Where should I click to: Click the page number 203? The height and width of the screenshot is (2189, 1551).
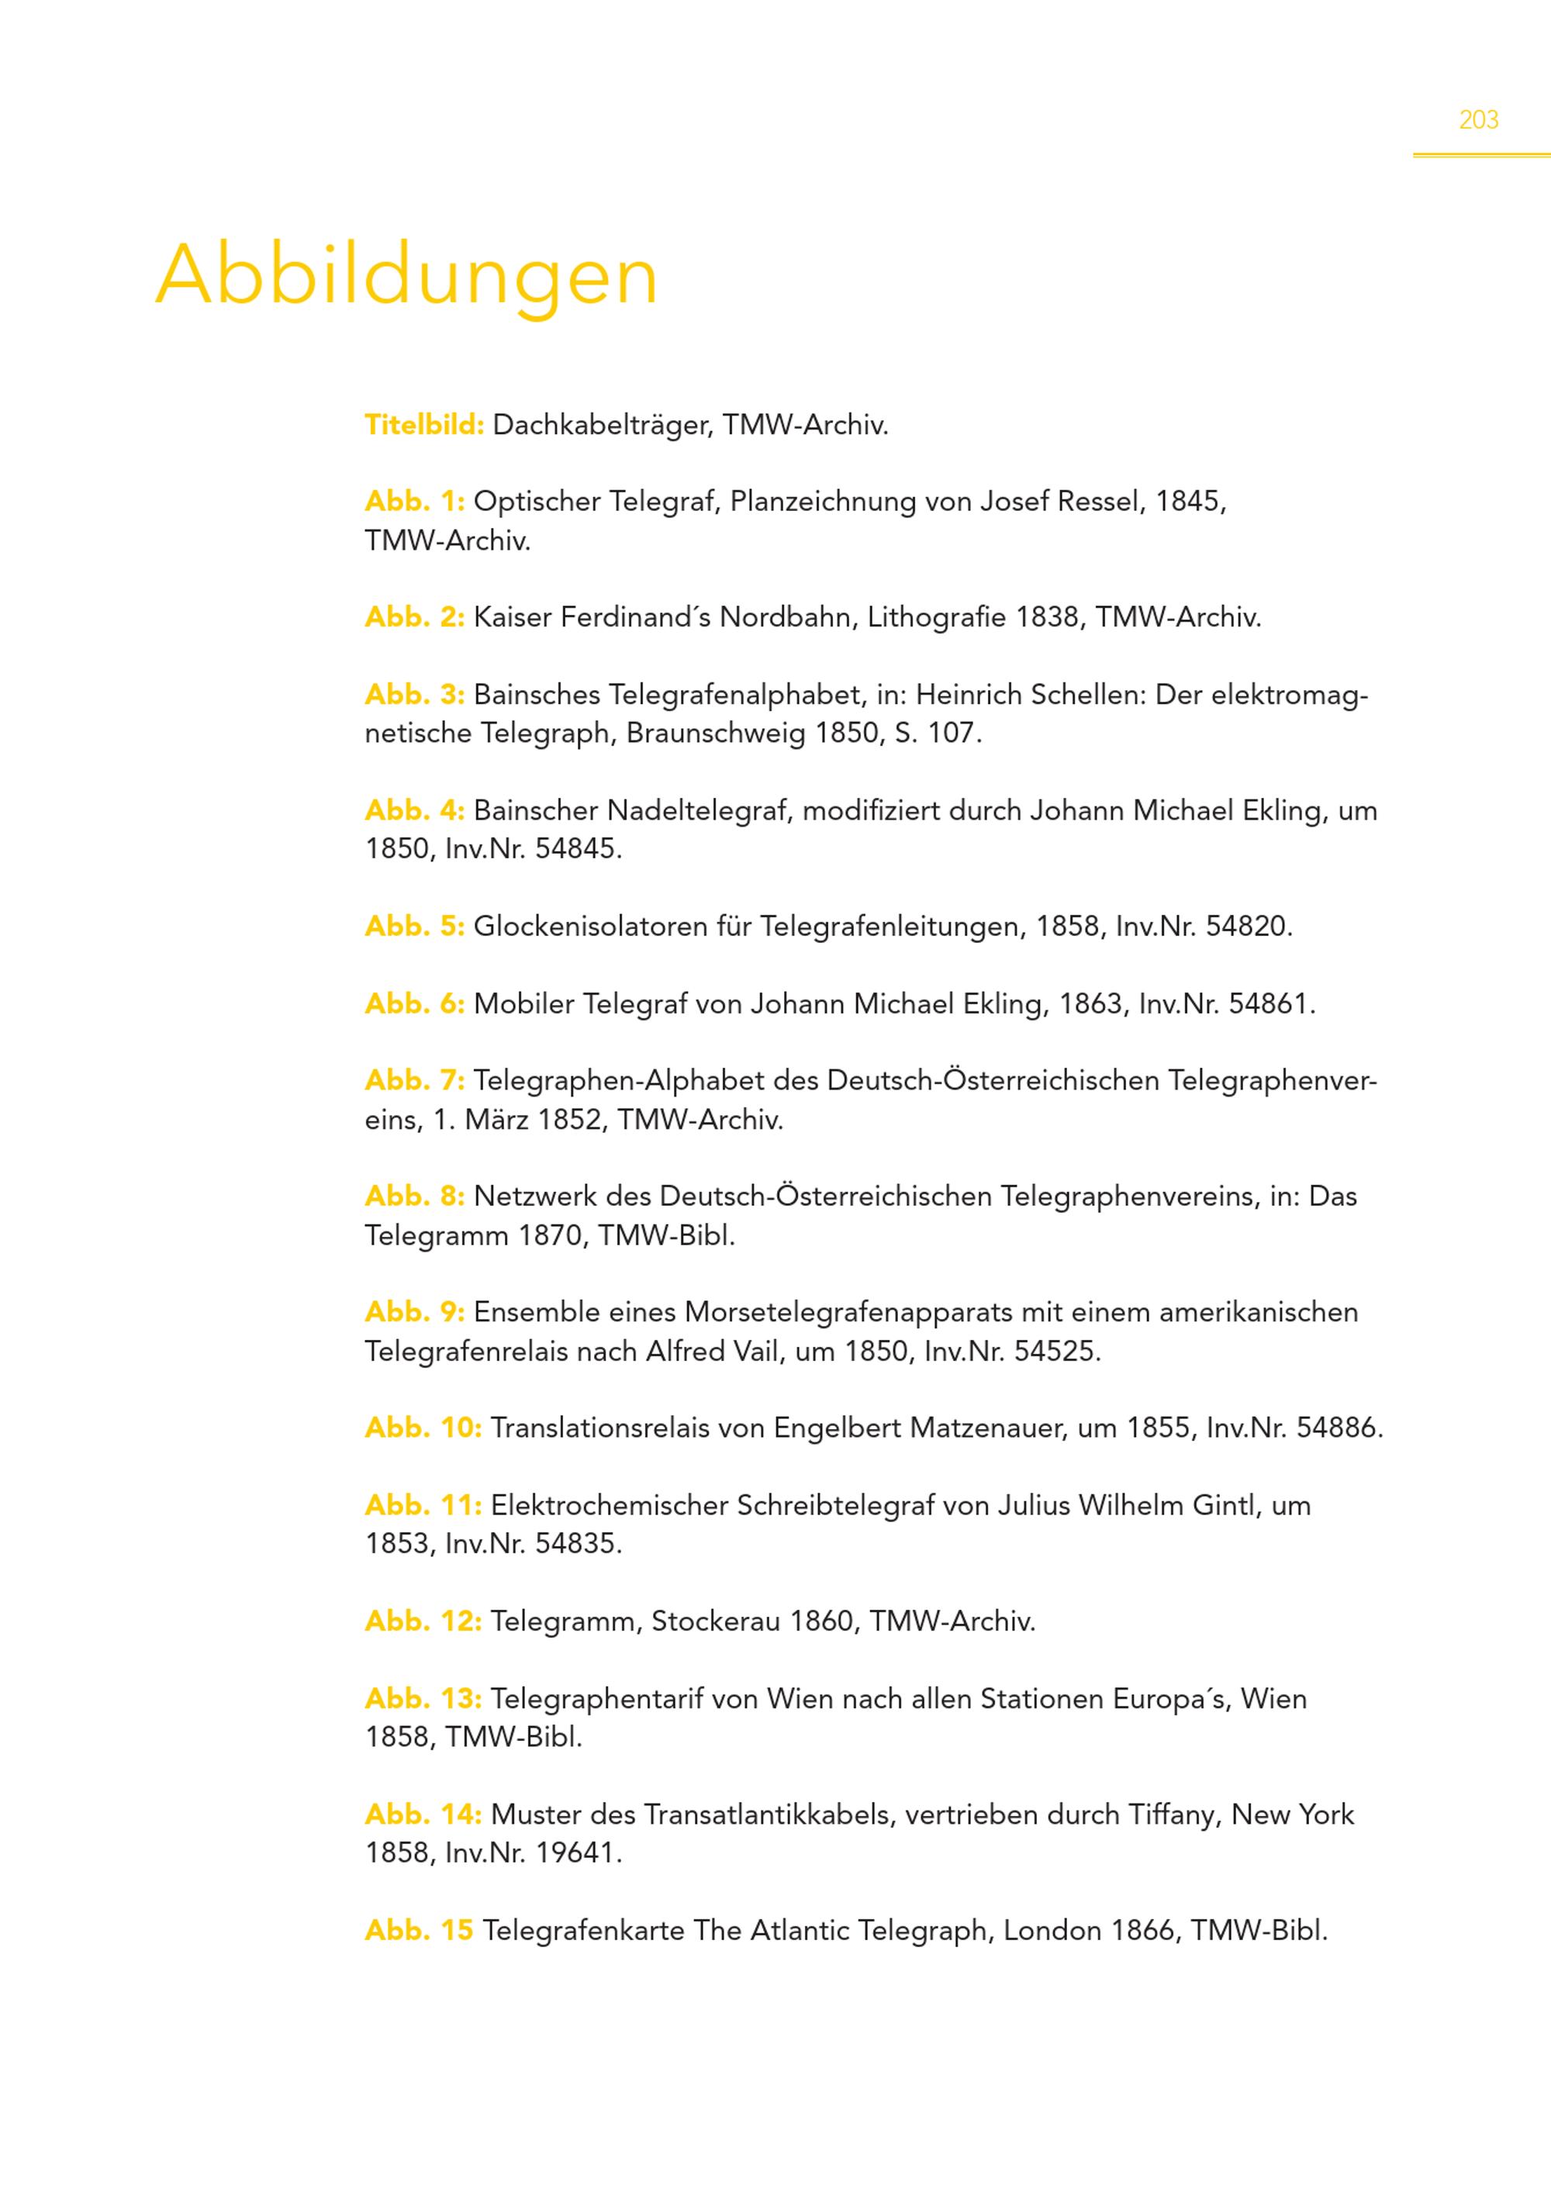[x=1477, y=120]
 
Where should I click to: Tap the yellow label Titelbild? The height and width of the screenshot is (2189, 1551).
[x=424, y=425]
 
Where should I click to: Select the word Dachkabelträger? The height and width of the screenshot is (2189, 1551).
[x=602, y=425]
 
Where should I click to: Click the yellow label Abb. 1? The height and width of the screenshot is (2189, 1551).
[x=414, y=502]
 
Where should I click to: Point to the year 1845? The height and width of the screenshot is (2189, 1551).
[x=1188, y=502]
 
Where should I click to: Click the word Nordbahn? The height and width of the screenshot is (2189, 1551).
[x=788, y=618]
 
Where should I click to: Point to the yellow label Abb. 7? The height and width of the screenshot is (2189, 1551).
[x=414, y=1081]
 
